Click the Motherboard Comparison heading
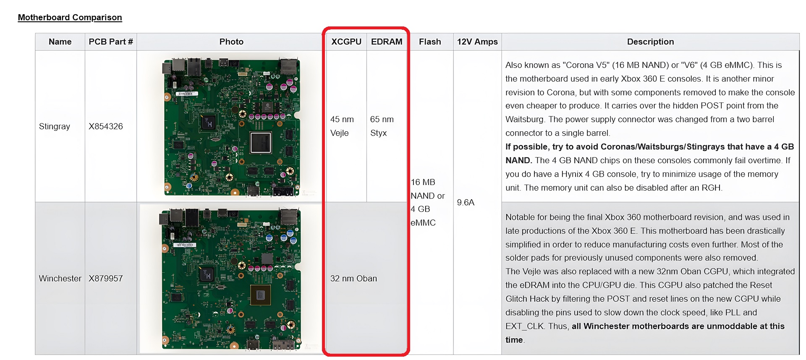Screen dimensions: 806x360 coord(70,17)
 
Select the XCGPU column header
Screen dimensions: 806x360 coord(346,42)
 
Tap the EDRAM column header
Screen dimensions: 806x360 coord(387,42)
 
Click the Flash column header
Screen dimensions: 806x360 coord(430,42)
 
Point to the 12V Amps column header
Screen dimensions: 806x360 coord(477,42)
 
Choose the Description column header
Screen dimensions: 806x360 coord(650,42)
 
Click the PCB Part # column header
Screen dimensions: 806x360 coord(111,42)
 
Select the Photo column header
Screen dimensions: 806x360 coord(231,42)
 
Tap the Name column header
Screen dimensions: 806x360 coord(60,42)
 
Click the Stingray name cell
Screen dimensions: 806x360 coord(55,126)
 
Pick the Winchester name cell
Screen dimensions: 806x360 coord(60,278)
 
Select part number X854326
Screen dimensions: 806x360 coord(106,126)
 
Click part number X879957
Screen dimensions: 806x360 coord(106,278)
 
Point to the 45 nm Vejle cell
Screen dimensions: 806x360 coord(342,126)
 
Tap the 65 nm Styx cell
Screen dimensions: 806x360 coord(382,126)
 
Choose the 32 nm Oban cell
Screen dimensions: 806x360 coord(353,278)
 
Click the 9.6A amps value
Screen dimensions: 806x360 coord(466,202)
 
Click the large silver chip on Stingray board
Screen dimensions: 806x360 coord(261,143)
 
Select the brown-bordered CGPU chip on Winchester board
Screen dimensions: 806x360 coord(260,295)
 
